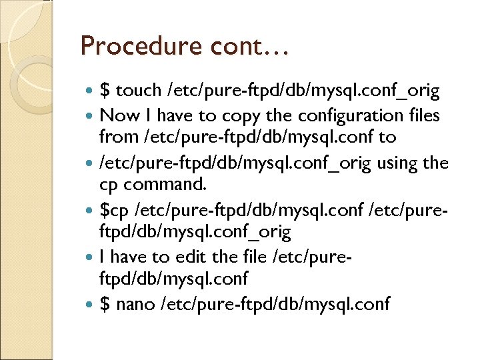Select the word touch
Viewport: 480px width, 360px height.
tap(139, 91)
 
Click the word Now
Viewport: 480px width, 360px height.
tap(117, 115)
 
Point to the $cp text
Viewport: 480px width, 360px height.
tap(115, 210)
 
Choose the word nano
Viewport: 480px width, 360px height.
tap(134, 305)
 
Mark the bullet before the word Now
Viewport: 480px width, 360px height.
tap(91, 116)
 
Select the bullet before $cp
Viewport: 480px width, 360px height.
tap(91, 211)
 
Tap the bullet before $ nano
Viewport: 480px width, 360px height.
tap(91, 305)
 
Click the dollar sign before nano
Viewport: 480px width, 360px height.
tap(105, 305)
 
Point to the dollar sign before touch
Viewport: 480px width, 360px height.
tap(105, 91)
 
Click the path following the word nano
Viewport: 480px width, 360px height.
tap(273, 305)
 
